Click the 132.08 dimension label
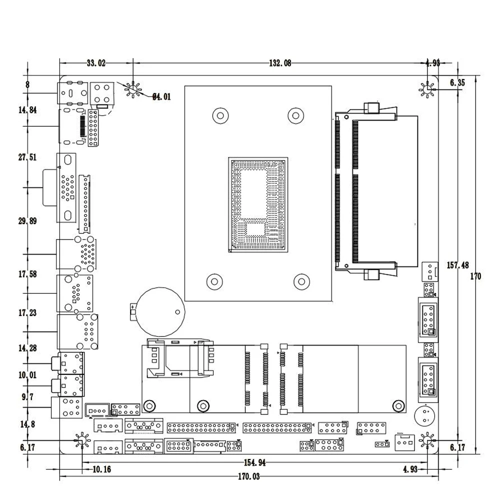click(x=280, y=63)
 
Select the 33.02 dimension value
click(x=96, y=63)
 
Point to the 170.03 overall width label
click(x=248, y=476)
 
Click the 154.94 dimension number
click(x=254, y=463)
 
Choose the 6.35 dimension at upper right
click(x=457, y=83)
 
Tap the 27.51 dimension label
click(x=27, y=157)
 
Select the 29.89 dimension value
click(x=27, y=221)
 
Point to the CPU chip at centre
click(x=258, y=205)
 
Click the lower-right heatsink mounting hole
click(x=302, y=280)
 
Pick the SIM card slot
click(x=178, y=357)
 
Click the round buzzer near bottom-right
click(x=425, y=415)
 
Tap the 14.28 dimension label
click(x=27, y=347)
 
